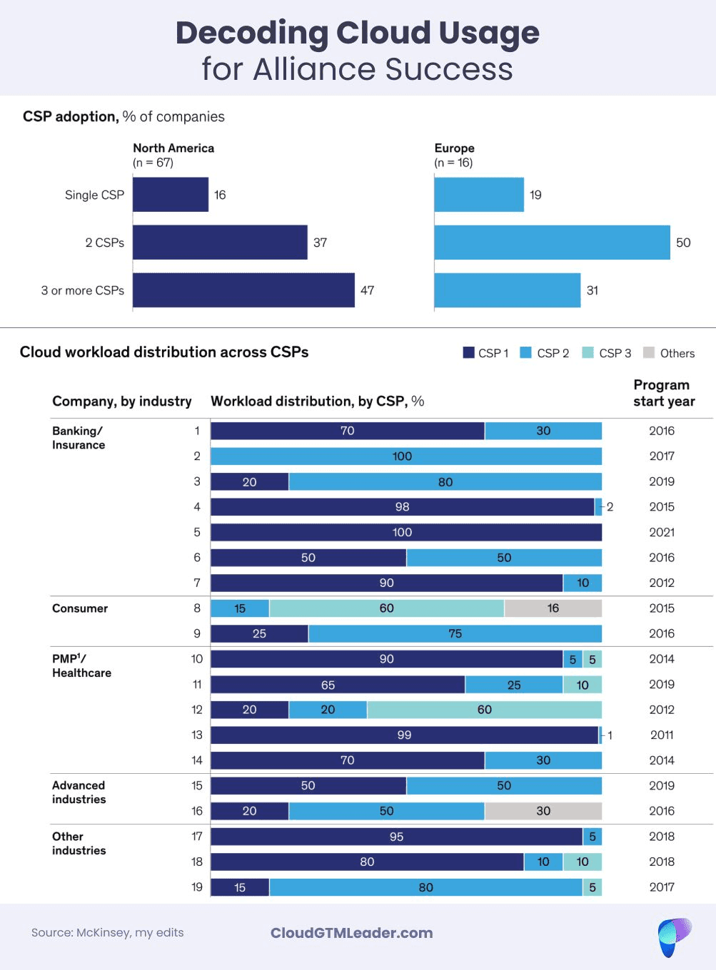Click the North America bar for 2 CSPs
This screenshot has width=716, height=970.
220,242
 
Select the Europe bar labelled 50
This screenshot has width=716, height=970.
552,242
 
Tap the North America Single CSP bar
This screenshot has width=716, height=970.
171,195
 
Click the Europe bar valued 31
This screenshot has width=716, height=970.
507,290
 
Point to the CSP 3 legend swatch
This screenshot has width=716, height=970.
588,352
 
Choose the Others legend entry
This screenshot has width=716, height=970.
669,353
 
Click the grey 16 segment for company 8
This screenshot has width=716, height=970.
553,608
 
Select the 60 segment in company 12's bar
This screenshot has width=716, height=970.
484,710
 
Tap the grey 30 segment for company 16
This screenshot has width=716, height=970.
543,811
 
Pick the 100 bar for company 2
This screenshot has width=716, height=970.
405,456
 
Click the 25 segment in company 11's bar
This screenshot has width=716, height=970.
513,685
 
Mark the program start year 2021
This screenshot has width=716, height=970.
662,532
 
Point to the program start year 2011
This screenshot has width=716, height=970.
662,735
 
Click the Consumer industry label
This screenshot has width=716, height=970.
80,608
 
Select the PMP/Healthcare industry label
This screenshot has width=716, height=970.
81,665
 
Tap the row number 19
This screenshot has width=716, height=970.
197,887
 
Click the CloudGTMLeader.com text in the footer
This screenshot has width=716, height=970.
351,933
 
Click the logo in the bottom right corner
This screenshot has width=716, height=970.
674,936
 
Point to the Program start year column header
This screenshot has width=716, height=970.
663,393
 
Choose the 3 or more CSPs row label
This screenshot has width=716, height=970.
83,290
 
